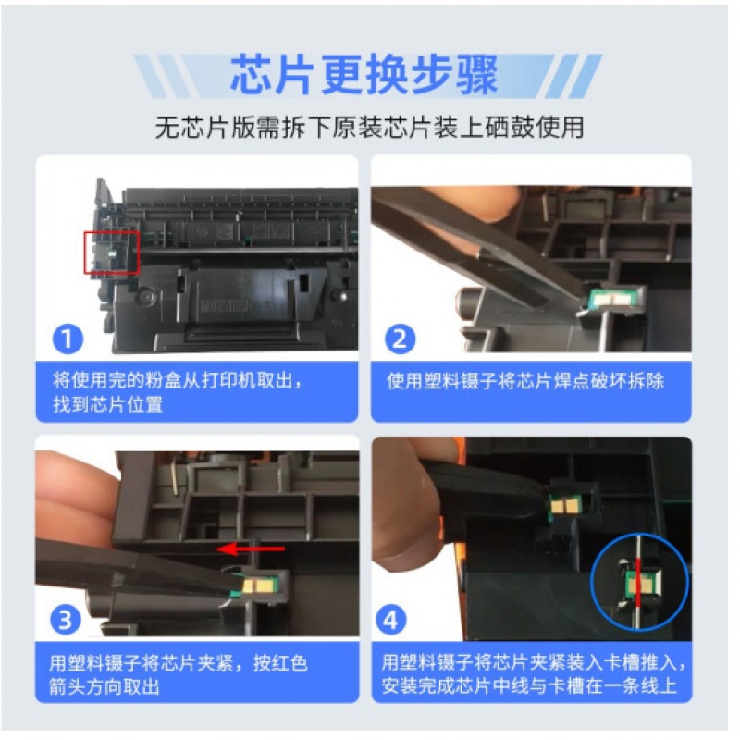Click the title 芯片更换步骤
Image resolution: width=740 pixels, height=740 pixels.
(364, 74)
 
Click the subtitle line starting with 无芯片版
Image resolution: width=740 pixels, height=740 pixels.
(369, 128)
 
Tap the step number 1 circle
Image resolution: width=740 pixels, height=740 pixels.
(68, 339)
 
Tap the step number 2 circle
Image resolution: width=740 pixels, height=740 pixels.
(401, 339)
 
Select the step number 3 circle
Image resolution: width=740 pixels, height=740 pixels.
(66, 620)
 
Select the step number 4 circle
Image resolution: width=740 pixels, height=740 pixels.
(391, 620)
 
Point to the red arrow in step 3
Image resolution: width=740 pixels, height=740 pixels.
(251, 549)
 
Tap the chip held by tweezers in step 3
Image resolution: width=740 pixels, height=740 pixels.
(258, 586)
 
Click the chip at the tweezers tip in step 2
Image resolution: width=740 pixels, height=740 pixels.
(609, 300)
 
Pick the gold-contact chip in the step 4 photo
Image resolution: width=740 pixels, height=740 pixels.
(564, 508)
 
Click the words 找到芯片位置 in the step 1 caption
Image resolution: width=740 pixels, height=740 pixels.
(108, 405)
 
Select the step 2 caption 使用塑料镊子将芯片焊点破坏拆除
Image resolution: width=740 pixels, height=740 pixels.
(525, 381)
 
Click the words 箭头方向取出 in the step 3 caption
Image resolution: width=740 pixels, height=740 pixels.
(105, 686)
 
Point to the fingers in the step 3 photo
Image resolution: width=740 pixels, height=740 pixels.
(76, 500)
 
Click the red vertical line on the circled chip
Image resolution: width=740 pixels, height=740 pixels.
(638, 582)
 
